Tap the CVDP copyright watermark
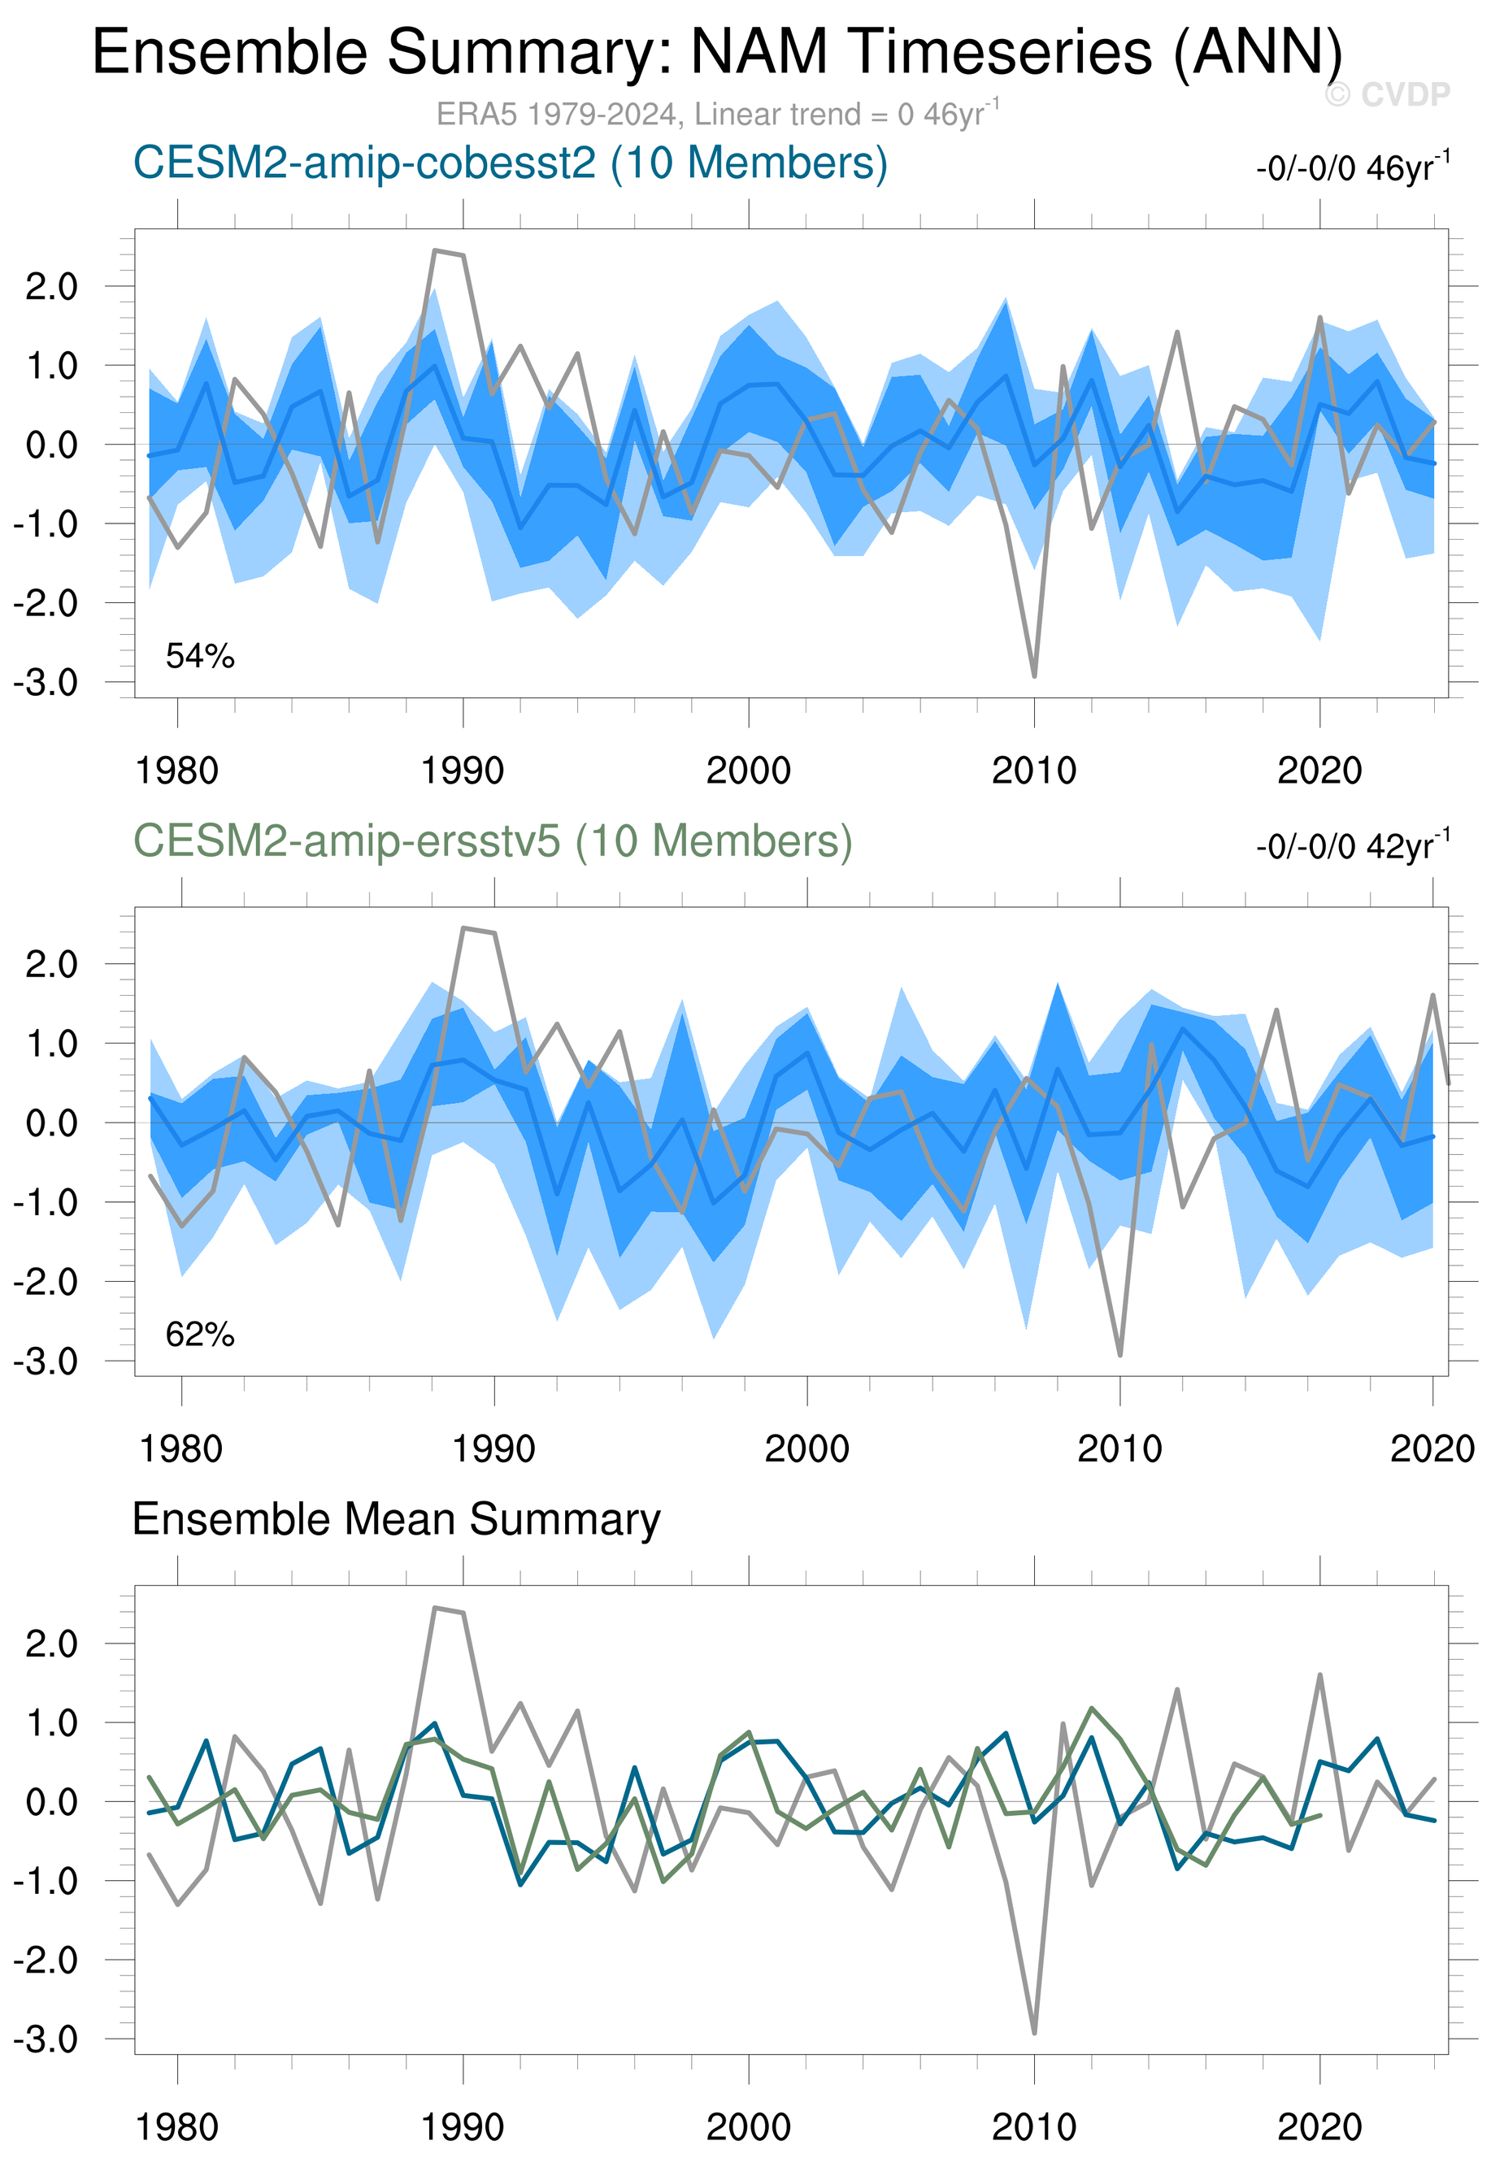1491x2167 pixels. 1387,94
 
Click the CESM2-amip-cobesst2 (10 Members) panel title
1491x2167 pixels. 510,163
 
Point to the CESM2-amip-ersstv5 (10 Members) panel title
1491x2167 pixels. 493,841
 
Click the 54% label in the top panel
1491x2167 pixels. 200,657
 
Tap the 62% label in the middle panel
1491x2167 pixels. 200,1335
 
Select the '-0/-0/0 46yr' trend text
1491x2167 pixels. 1352,169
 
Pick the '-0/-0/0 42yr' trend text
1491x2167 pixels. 1352,847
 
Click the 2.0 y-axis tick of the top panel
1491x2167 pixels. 51,287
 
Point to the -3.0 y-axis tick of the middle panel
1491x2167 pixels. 45,1361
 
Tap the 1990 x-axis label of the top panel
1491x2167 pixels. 463,771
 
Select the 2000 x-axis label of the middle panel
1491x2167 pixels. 807,1449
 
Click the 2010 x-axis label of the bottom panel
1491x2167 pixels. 1034,2128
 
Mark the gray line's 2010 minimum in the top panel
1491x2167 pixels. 1034,676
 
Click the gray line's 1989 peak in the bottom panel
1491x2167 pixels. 434,1608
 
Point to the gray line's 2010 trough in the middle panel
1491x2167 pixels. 1120,1354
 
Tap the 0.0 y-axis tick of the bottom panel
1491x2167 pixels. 51,1803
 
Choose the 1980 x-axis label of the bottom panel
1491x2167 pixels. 177,2128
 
